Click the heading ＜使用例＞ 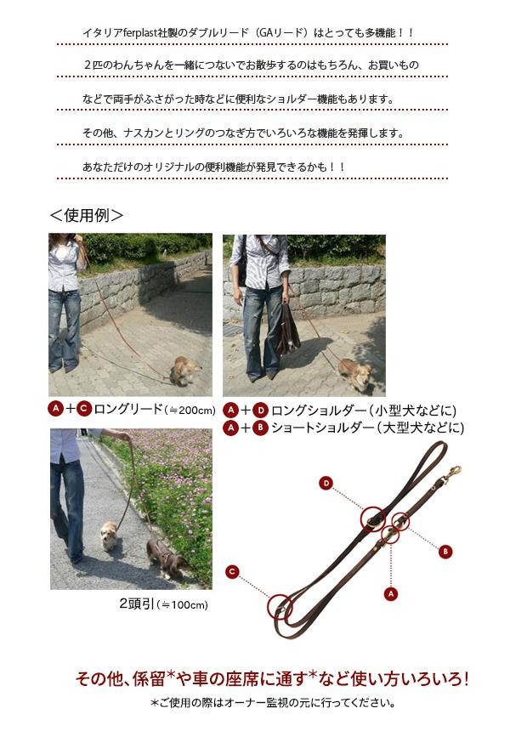86,215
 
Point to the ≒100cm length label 184,605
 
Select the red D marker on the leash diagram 326,483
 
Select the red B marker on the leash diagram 445,552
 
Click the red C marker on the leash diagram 232,571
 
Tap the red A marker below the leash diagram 391,593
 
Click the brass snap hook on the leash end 450,473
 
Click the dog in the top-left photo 184,371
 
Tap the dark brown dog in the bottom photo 167,558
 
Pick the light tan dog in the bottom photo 110,535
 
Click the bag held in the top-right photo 287,330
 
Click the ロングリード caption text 128,410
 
